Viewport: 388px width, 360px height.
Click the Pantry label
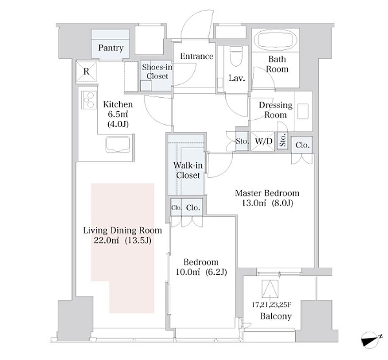coord(111,48)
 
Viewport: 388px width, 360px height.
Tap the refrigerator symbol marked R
coord(86,72)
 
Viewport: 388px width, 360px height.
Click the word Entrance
coord(196,56)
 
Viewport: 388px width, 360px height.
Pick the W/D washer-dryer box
coord(264,142)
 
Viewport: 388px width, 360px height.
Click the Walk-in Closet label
coord(188,170)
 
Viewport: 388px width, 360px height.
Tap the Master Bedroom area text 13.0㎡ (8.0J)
coord(268,203)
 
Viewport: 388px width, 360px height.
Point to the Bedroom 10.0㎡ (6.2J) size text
coord(201,272)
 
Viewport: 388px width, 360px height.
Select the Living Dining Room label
coord(122,230)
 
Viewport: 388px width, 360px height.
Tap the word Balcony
coord(276,316)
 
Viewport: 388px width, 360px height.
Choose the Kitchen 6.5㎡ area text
coord(118,114)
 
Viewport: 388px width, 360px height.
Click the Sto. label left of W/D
coord(242,142)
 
